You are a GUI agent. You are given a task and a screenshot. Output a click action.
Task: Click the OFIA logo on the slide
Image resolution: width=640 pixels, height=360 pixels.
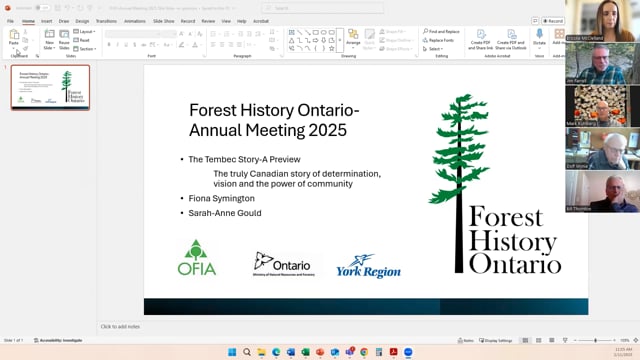197,258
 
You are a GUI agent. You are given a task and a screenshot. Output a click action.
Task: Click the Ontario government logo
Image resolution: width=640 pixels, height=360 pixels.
283,264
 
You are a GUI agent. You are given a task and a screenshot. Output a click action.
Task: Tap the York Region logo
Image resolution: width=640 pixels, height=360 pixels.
368,266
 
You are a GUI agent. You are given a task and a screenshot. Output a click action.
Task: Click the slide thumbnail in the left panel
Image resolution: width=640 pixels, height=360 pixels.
50,87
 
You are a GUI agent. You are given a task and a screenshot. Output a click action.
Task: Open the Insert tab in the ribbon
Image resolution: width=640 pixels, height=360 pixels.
46,20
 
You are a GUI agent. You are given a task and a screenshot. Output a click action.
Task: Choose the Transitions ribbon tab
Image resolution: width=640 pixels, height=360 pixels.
106,20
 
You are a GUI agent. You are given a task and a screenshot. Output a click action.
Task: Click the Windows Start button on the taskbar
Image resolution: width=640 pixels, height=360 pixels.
231,352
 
